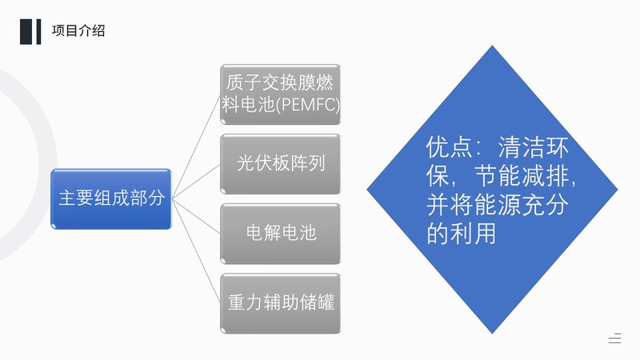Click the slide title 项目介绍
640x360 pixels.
pos(78,31)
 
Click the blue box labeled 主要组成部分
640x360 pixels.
pos(111,198)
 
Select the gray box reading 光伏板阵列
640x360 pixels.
pos(281,164)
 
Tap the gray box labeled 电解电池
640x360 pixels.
pos(281,234)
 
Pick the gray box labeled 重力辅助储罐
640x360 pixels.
pos(281,304)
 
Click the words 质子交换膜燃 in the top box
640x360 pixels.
pos(279,82)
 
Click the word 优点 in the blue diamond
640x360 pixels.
pos(449,147)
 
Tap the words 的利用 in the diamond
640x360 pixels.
pos(462,233)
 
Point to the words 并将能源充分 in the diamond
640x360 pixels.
pos(497,205)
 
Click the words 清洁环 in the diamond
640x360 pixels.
pos(533,147)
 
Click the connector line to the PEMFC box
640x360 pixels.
pos(196,147)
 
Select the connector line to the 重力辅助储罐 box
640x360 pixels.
pos(196,251)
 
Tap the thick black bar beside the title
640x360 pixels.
pos(26,31)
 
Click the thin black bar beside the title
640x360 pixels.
pos(38,31)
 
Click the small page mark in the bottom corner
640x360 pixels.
pos(614,338)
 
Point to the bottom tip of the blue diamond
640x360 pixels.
pos(492,334)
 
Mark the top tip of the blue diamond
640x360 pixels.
pos(492,46)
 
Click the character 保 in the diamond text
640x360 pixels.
pos(438,175)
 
